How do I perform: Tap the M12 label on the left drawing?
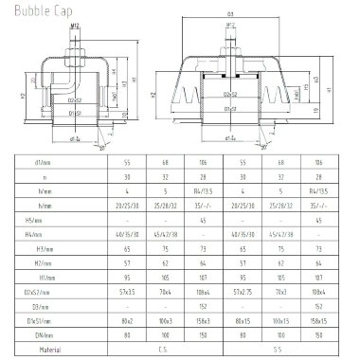tap(73, 28)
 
